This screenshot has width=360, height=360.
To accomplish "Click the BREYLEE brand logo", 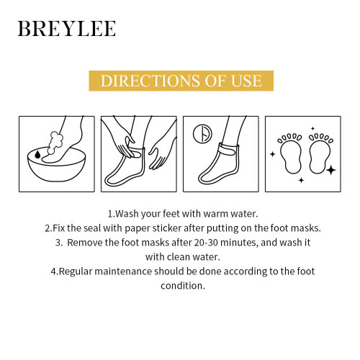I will (66, 30).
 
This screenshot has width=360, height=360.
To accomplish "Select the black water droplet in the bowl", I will (36, 153).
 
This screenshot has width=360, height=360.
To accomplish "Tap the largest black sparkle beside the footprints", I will (330, 170).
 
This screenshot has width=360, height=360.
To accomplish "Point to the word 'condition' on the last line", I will (179, 285).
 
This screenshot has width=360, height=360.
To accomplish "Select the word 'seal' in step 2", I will (98, 228).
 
